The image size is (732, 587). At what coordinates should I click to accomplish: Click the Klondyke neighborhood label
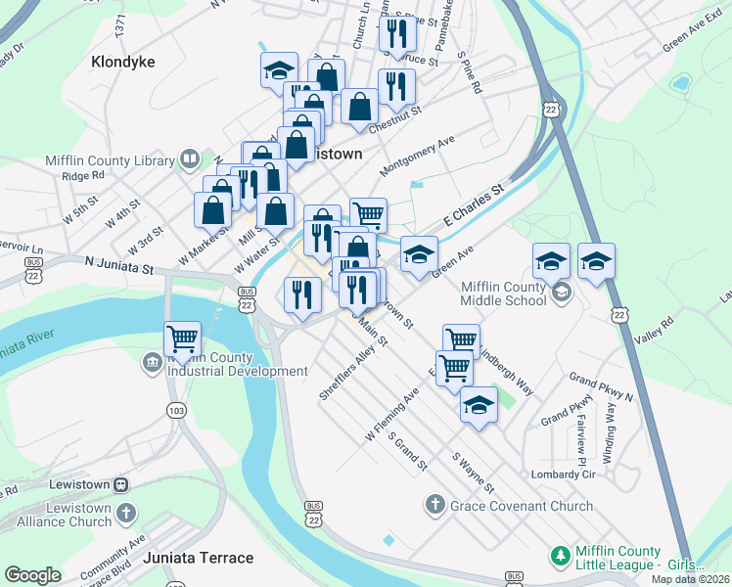point(123,62)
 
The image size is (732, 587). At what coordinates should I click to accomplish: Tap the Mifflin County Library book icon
point(190,158)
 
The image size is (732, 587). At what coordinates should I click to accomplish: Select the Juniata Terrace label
point(199,558)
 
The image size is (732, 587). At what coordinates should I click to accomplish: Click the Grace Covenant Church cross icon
point(435,506)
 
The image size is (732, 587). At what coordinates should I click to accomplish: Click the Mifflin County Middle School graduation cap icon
point(562,292)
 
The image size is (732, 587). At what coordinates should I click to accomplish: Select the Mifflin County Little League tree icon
point(560,556)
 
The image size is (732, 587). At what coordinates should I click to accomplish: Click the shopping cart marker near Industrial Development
point(183,339)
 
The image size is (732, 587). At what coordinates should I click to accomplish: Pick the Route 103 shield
point(176,411)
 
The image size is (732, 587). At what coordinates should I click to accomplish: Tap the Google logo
point(32,575)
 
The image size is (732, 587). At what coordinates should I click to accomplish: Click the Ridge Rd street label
point(83,176)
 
